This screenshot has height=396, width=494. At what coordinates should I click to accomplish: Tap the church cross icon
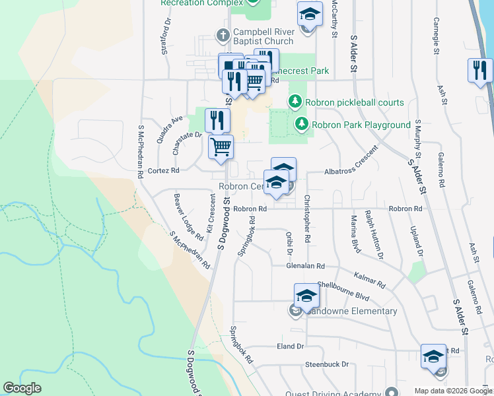[224, 34]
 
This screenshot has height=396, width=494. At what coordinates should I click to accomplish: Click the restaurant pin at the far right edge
[480, 70]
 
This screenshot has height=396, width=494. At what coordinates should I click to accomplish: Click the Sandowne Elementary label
[351, 311]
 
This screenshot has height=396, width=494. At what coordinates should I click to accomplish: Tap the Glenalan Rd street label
[306, 266]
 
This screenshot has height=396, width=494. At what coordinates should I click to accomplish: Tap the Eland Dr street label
[290, 346]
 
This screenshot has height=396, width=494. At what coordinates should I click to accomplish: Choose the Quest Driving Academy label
[338, 390]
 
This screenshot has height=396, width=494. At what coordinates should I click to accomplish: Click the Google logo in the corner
[22, 388]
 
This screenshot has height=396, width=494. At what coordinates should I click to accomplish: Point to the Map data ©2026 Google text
[452, 391]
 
